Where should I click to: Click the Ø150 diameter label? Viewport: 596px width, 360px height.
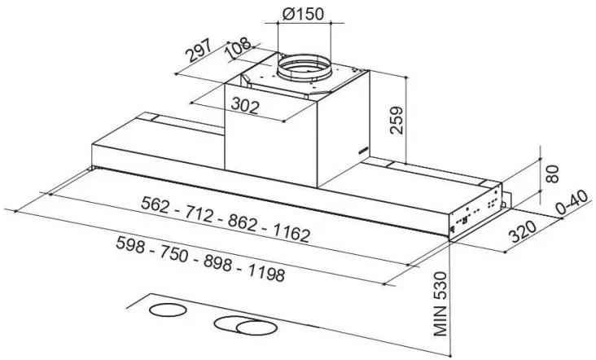[x=304, y=14]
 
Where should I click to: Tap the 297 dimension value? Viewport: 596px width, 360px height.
[x=198, y=50]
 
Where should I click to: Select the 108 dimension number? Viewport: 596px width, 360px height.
[x=239, y=48]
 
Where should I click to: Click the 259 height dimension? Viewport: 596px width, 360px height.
[x=397, y=120]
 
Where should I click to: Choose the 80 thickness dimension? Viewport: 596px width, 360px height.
[x=552, y=173]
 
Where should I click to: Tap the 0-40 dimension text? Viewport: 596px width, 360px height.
[x=573, y=202]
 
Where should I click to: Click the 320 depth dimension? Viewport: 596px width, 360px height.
[x=523, y=230]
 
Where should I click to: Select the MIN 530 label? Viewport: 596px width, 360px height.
[x=440, y=303]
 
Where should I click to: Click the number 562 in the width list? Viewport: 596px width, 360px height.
[x=155, y=204]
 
